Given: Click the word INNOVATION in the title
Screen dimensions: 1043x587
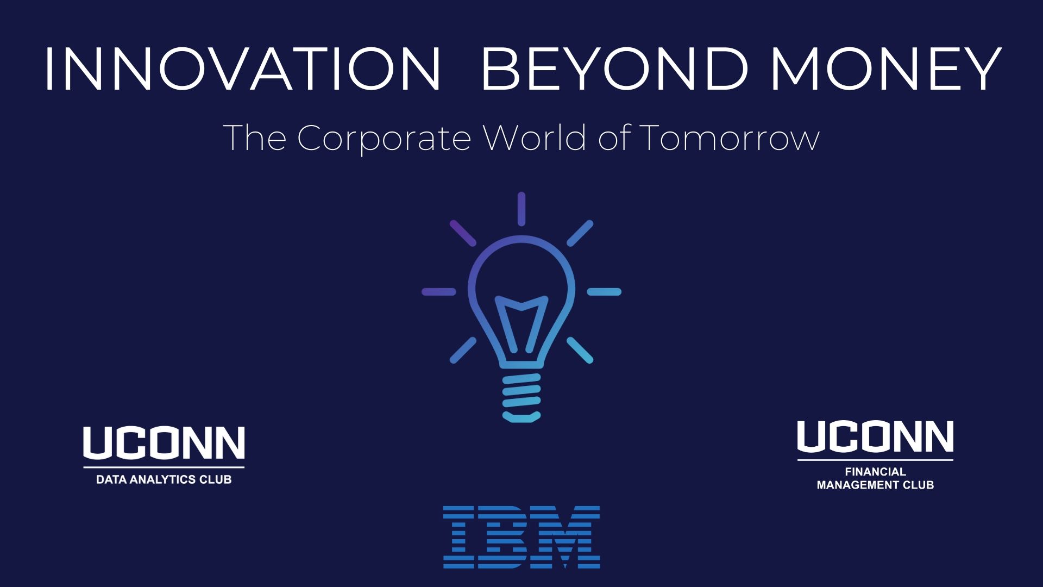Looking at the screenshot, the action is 243,69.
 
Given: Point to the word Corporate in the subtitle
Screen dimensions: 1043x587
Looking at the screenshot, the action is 384,139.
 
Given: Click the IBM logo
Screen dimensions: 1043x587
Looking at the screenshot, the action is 521,537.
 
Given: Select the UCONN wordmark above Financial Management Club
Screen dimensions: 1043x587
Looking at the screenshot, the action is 875,436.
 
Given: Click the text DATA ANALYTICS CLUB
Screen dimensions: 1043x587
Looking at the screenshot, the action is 164,479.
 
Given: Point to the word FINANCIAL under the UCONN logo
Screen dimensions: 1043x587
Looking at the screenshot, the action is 875,472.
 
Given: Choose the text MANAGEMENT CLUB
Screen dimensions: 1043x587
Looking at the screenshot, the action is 875,485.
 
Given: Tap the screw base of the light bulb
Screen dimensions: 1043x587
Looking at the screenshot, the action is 521,398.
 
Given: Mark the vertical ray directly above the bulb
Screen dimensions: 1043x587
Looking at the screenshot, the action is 521,209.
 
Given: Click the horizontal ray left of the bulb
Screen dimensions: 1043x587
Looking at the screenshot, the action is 439,292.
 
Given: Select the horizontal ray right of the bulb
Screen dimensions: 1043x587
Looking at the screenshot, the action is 604,292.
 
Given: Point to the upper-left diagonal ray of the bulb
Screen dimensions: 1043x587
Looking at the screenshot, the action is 463,233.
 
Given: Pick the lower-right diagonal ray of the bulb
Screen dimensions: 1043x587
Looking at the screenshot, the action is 580,350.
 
